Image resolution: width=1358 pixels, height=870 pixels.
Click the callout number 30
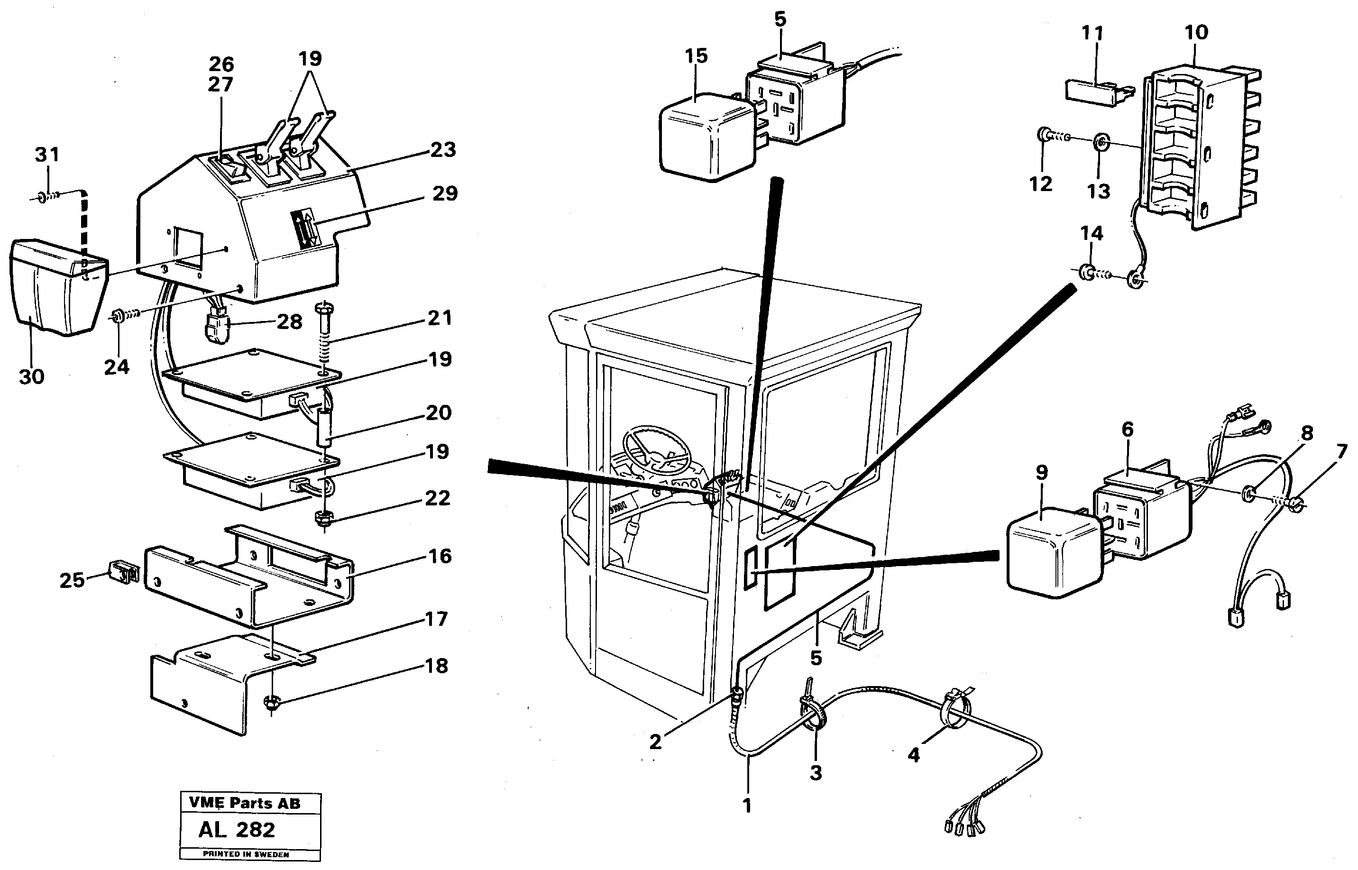coord(32,377)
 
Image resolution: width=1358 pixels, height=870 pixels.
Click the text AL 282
coord(237,829)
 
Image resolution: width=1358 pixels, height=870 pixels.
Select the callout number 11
coord(1092,33)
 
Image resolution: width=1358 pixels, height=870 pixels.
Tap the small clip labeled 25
coord(122,573)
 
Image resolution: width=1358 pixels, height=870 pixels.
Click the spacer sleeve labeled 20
coord(325,430)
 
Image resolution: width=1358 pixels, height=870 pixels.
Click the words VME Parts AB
coord(245,803)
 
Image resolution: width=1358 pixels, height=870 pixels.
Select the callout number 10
coord(1196,32)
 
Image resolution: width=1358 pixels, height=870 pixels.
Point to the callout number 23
coord(442,150)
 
